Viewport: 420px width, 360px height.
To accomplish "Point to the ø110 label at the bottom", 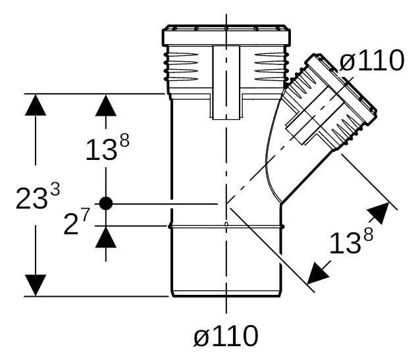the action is click(226, 336).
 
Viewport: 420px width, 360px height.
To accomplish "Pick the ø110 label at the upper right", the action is click(372, 61).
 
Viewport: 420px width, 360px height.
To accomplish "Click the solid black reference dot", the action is click(106, 203).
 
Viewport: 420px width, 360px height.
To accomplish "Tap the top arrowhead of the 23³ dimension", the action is click(36, 105).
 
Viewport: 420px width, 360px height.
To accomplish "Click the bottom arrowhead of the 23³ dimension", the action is click(36, 285).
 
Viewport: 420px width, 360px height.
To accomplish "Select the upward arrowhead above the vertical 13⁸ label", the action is click(106, 105).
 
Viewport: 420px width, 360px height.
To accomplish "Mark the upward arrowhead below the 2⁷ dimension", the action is click(106, 237).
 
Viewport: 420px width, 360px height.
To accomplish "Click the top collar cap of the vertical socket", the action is click(226, 35).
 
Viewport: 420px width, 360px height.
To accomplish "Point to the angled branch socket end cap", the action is click(341, 88).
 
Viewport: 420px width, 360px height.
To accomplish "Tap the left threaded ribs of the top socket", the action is click(182, 66).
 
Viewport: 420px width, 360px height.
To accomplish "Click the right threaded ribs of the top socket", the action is click(271, 66).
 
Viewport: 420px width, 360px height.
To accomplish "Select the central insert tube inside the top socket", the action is click(226, 82).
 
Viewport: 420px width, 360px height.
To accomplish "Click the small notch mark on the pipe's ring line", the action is click(226, 224).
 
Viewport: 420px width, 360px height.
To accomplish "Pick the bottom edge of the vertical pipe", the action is click(226, 296).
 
